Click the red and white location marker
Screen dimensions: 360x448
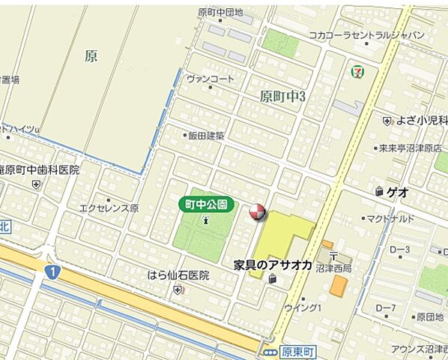pos(256,213)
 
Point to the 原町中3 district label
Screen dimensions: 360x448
pos(287,96)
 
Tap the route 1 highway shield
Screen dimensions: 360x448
pos(52,270)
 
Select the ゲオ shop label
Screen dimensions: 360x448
pos(397,192)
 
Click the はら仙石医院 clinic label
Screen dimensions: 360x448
pos(178,275)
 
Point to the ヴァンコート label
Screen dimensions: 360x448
pos(211,79)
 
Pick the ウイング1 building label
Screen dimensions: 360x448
pos(303,307)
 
